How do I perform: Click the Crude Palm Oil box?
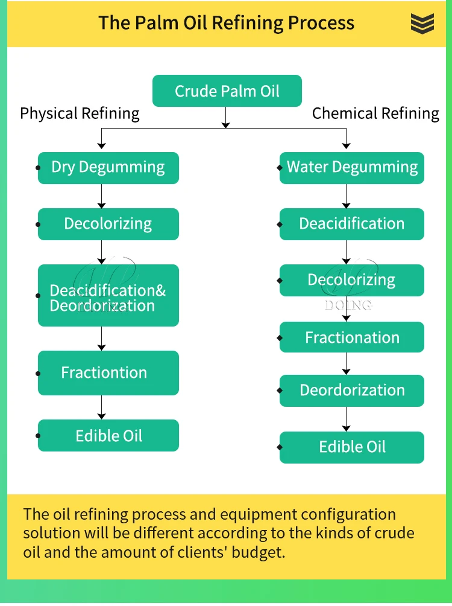click(227, 91)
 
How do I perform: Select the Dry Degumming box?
click(108, 168)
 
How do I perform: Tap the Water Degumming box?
click(352, 168)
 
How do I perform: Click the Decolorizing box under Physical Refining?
click(108, 224)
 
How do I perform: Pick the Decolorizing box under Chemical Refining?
click(352, 280)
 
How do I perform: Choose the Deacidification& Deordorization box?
click(108, 296)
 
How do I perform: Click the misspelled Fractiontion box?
click(108, 373)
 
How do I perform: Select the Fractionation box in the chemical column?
click(352, 337)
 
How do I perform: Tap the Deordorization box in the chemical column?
click(352, 391)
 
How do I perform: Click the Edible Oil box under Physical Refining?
click(108, 436)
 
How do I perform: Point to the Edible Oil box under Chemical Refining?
click(352, 447)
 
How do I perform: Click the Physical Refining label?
click(80, 113)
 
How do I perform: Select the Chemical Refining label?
click(375, 113)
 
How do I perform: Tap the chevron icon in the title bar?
click(422, 24)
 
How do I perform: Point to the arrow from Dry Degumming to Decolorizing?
click(102, 196)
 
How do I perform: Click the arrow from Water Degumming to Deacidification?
click(346, 196)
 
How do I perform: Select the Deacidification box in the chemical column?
click(352, 224)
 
